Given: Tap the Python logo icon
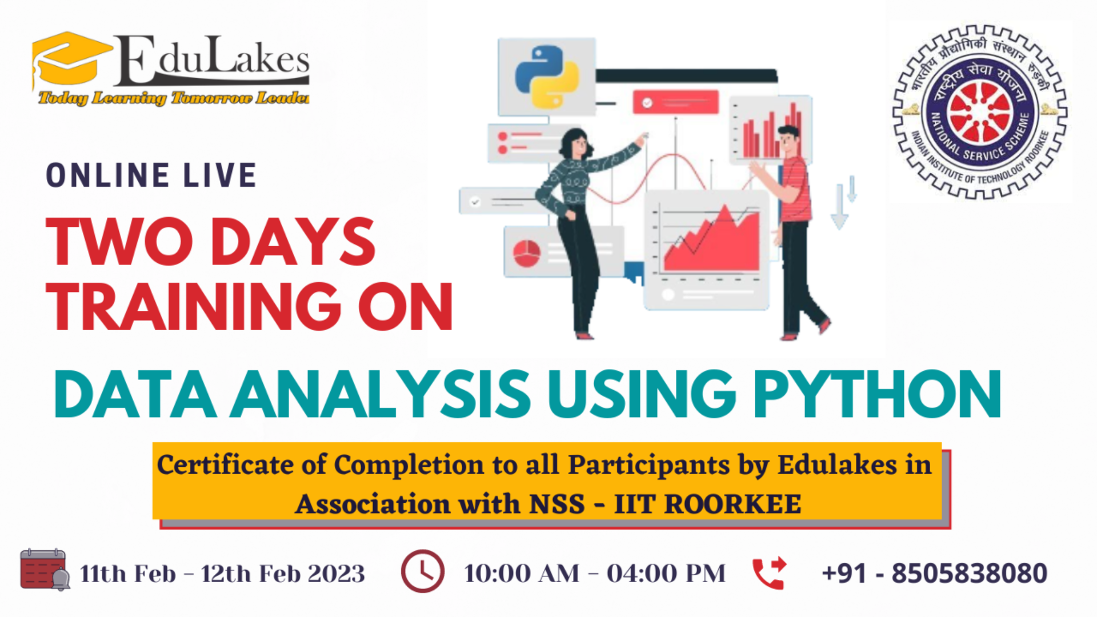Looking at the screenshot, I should pyautogui.click(x=547, y=77).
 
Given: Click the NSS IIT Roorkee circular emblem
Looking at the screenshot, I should pyautogui.click(x=980, y=112).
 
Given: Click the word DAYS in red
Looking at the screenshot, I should pyautogui.click(x=293, y=242).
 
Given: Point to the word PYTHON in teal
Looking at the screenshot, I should pyautogui.click(x=877, y=395).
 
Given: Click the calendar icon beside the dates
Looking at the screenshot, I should pyautogui.click(x=43, y=570).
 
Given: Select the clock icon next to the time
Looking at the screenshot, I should pyautogui.click(x=423, y=571).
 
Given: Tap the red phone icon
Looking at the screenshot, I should pyautogui.click(x=769, y=572).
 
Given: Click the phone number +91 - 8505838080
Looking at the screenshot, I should pyautogui.click(x=934, y=573).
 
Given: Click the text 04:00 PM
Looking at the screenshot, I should pyautogui.click(x=666, y=573).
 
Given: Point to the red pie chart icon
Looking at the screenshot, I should pyautogui.click(x=527, y=253).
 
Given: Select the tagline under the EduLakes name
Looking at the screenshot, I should pyautogui.click(x=174, y=98).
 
